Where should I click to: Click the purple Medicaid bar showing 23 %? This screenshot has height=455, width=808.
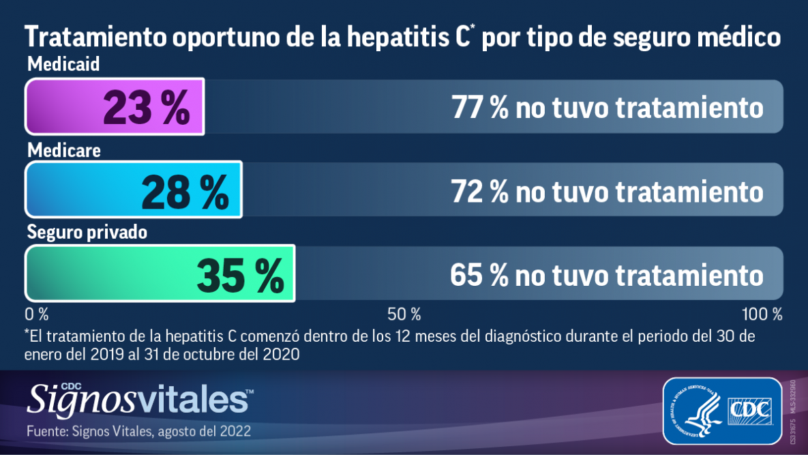[115, 107]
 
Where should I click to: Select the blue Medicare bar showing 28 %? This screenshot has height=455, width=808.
[134, 190]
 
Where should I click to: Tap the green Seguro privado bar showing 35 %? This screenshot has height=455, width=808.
[160, 273]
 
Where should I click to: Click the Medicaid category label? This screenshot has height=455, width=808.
[63, 65]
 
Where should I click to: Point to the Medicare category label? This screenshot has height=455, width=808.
[63, 150]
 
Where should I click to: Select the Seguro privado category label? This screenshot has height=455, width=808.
[87, 233]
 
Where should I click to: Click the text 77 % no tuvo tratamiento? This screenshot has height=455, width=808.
[607, 108]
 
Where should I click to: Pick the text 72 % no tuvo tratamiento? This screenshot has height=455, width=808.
[607, 192]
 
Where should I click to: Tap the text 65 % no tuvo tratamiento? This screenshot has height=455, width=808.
[607, 275]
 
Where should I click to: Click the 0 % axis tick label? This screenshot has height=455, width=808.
[37, 314]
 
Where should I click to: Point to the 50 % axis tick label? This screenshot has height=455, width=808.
[404, 314]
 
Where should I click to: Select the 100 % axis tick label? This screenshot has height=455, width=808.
[762, 314]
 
